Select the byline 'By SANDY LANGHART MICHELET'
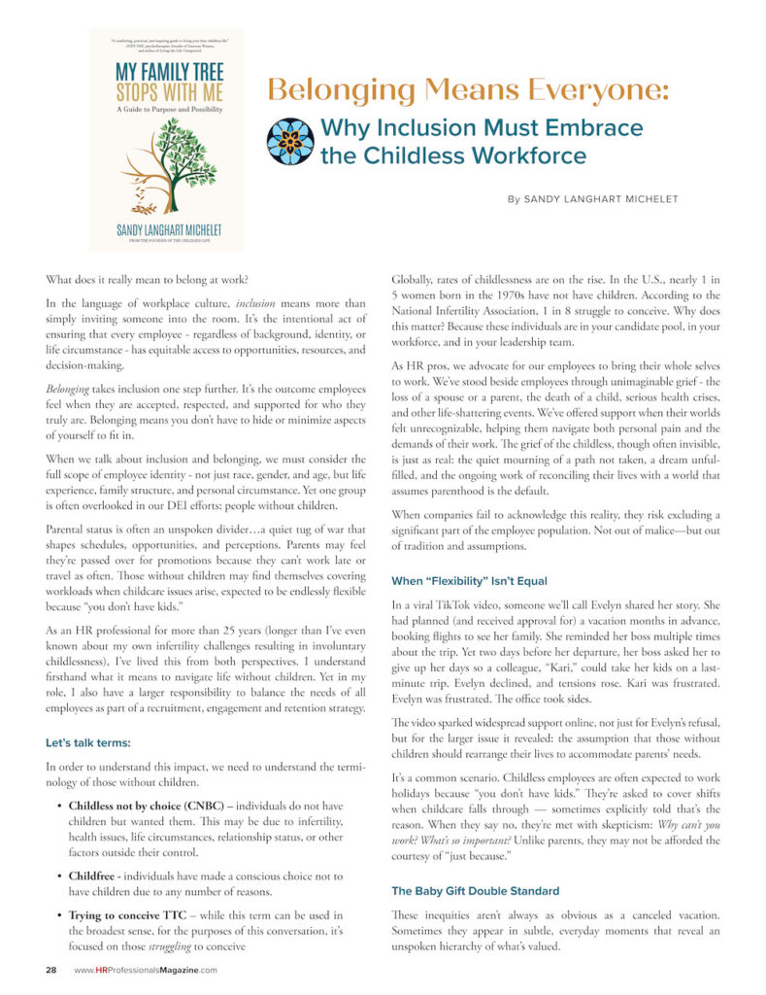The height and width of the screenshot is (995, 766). (592, 199)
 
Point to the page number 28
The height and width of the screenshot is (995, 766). (51, 970)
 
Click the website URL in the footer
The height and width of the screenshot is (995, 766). (146, 970)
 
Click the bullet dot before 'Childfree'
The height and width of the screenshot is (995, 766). (61, 876)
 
